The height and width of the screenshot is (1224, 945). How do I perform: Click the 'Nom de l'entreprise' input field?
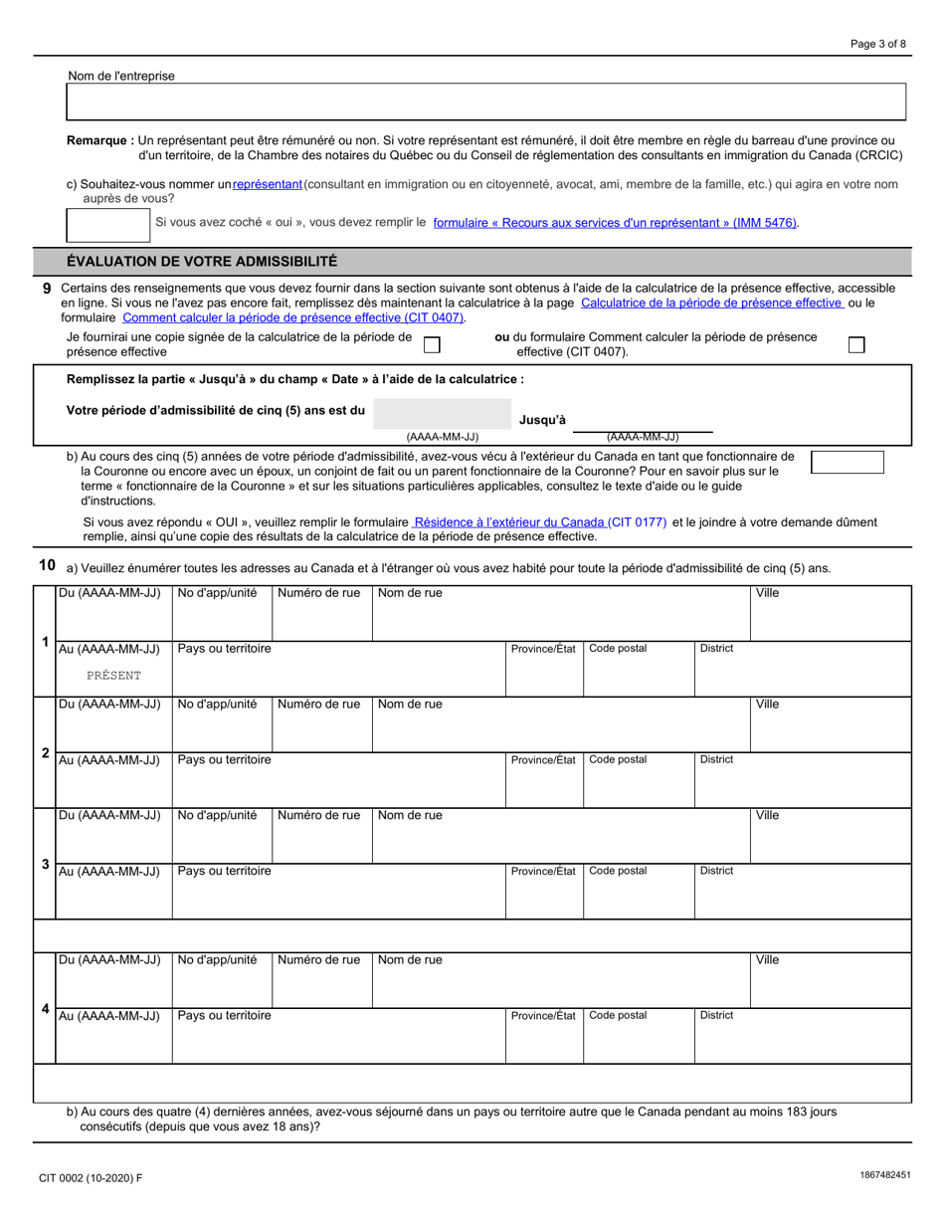pos(485,102)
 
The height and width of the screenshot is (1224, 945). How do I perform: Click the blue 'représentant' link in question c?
pos(267,184)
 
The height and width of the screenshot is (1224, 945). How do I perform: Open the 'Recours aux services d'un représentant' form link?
pos(616,223)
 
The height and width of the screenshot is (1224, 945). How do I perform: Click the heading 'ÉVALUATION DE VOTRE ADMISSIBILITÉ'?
pos(202,262)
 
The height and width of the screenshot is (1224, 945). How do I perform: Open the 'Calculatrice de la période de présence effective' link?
pos(711,303)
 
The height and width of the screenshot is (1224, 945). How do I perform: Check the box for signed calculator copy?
pos(432,344)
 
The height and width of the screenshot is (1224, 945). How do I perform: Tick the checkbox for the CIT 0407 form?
pos(855,344)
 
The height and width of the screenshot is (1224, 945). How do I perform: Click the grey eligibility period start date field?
pos(442,413)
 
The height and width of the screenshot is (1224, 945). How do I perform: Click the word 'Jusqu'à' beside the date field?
pos(542,421)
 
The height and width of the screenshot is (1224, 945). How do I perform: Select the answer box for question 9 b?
pos(848,462)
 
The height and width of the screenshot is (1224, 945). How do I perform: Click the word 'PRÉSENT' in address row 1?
pos(113,675)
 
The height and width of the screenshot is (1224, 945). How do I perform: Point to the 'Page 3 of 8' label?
pos(878,44)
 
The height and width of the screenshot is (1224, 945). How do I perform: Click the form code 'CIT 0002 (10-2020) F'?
pos(91,1178)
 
